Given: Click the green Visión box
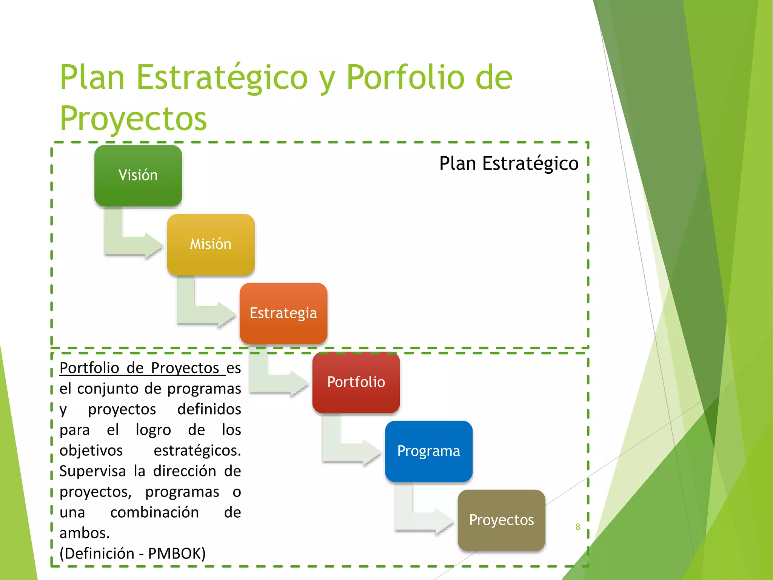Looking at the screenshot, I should tap(138, 176).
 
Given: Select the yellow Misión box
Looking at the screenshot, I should tap(211, 244).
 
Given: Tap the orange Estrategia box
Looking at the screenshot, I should tap(283, 313).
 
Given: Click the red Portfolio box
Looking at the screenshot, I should tap(356, 382).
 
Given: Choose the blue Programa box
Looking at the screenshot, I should tap(429, 451).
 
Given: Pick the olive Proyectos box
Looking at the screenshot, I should tap(501, 520).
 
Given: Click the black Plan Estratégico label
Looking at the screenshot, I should tap(508, 164).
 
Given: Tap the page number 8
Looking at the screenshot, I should tap(577, 527).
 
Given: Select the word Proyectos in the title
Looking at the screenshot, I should tap(133, 119).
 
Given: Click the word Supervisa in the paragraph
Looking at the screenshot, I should tap(92, 471).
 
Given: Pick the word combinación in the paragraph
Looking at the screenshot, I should tap(154, 512).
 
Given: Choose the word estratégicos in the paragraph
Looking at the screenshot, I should tap(197, 450).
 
